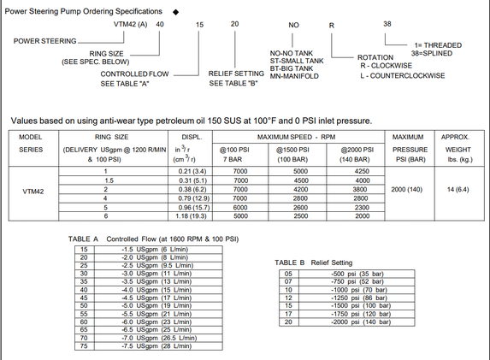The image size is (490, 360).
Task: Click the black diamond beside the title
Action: (x=175, y=12)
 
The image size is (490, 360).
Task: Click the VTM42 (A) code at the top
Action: (x=130, y=25)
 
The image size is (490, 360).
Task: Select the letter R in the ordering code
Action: (x=332, y=26)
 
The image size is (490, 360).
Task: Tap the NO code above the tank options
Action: (x=293, y=25)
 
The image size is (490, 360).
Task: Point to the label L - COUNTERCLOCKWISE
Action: (x=403, y=75)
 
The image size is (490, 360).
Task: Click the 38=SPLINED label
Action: (x=432, y=53)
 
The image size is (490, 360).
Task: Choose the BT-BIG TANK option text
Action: (x=292, y=68)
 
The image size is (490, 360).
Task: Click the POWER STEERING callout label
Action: (x=44, y=41)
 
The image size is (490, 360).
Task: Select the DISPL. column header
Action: (x=192, y=137)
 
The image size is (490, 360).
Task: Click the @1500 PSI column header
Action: (x=292, y=150)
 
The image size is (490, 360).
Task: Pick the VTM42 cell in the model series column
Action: (x=33, y=192)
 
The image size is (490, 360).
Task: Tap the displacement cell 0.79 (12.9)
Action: (x=194, y=198)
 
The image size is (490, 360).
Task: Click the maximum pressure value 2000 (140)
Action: (x=406, y=189)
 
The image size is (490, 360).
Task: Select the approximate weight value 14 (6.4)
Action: (x=458, y=189)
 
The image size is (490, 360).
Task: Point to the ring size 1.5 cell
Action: (x=109, y=180)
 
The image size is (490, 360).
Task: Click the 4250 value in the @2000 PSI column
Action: (x=362, y=171)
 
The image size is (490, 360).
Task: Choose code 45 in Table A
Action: (x=84, y=298)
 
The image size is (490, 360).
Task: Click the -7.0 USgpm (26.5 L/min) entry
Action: (x=159, y=338)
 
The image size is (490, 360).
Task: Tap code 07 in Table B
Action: (x=288, y=281)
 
